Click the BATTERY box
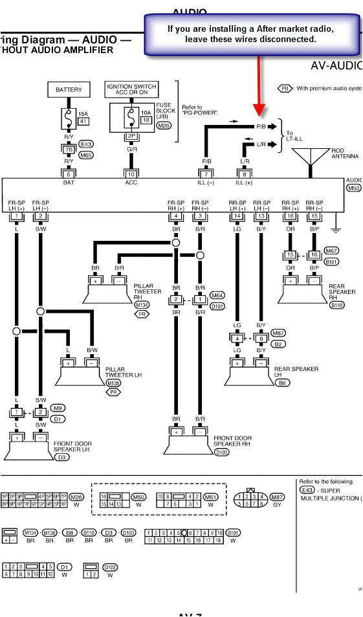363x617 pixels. pos(68,89)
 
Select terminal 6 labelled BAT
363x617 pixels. pos(68,174)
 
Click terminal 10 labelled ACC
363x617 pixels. pos(131,174)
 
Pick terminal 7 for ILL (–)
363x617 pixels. pos(206,174)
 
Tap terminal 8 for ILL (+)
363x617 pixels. pos(245,174)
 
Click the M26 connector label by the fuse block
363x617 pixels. pos(164,126)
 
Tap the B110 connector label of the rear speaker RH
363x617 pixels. pos(337,304)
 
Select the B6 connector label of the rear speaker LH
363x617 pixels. pos(283,383)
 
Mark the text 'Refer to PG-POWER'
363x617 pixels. pos(200,110)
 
